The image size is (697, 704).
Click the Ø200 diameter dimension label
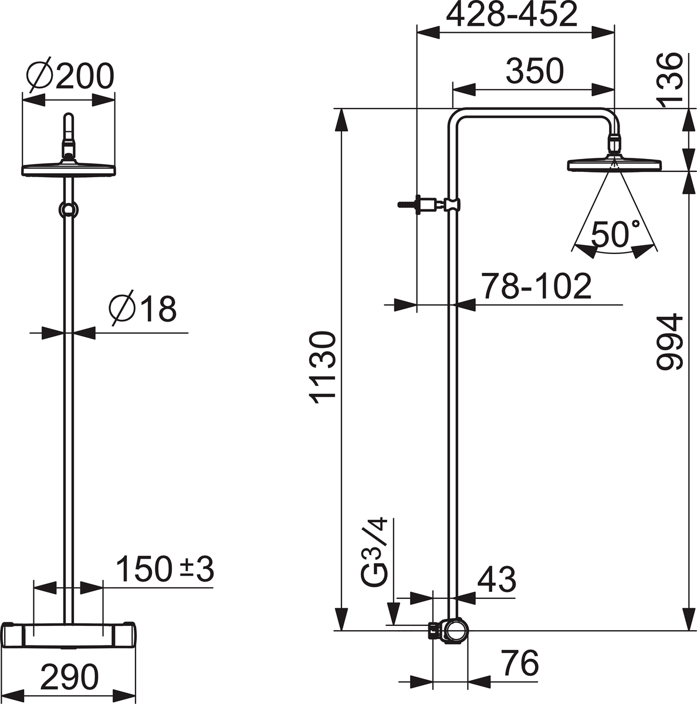click(x=70, y=77)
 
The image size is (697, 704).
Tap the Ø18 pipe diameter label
click(x=143, y=309)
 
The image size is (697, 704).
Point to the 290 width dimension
click(x=69, y=678)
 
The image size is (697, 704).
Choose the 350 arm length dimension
click(x=534, y=72)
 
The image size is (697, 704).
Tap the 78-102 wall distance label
click(x=536, y=287)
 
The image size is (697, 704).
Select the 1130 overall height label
click(x=323, y=367)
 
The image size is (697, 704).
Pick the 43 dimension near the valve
click(x=496, y=580)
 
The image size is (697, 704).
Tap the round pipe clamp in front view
click(x=69, y=209)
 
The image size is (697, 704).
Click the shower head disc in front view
click(x=69, y=169)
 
